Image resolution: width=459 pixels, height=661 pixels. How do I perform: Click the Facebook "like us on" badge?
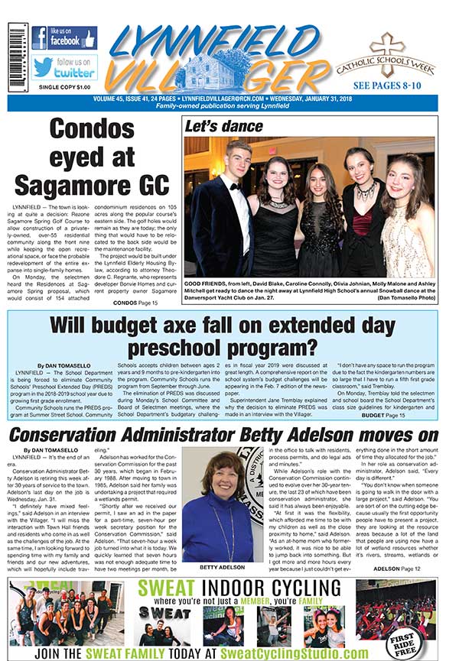click(64, 37)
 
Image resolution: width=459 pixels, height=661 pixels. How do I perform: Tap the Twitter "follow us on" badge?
click(64, 66)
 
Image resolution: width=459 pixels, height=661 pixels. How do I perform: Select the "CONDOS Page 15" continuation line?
click(135, 303)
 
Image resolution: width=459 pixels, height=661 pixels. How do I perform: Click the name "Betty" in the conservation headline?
click(295, 436)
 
